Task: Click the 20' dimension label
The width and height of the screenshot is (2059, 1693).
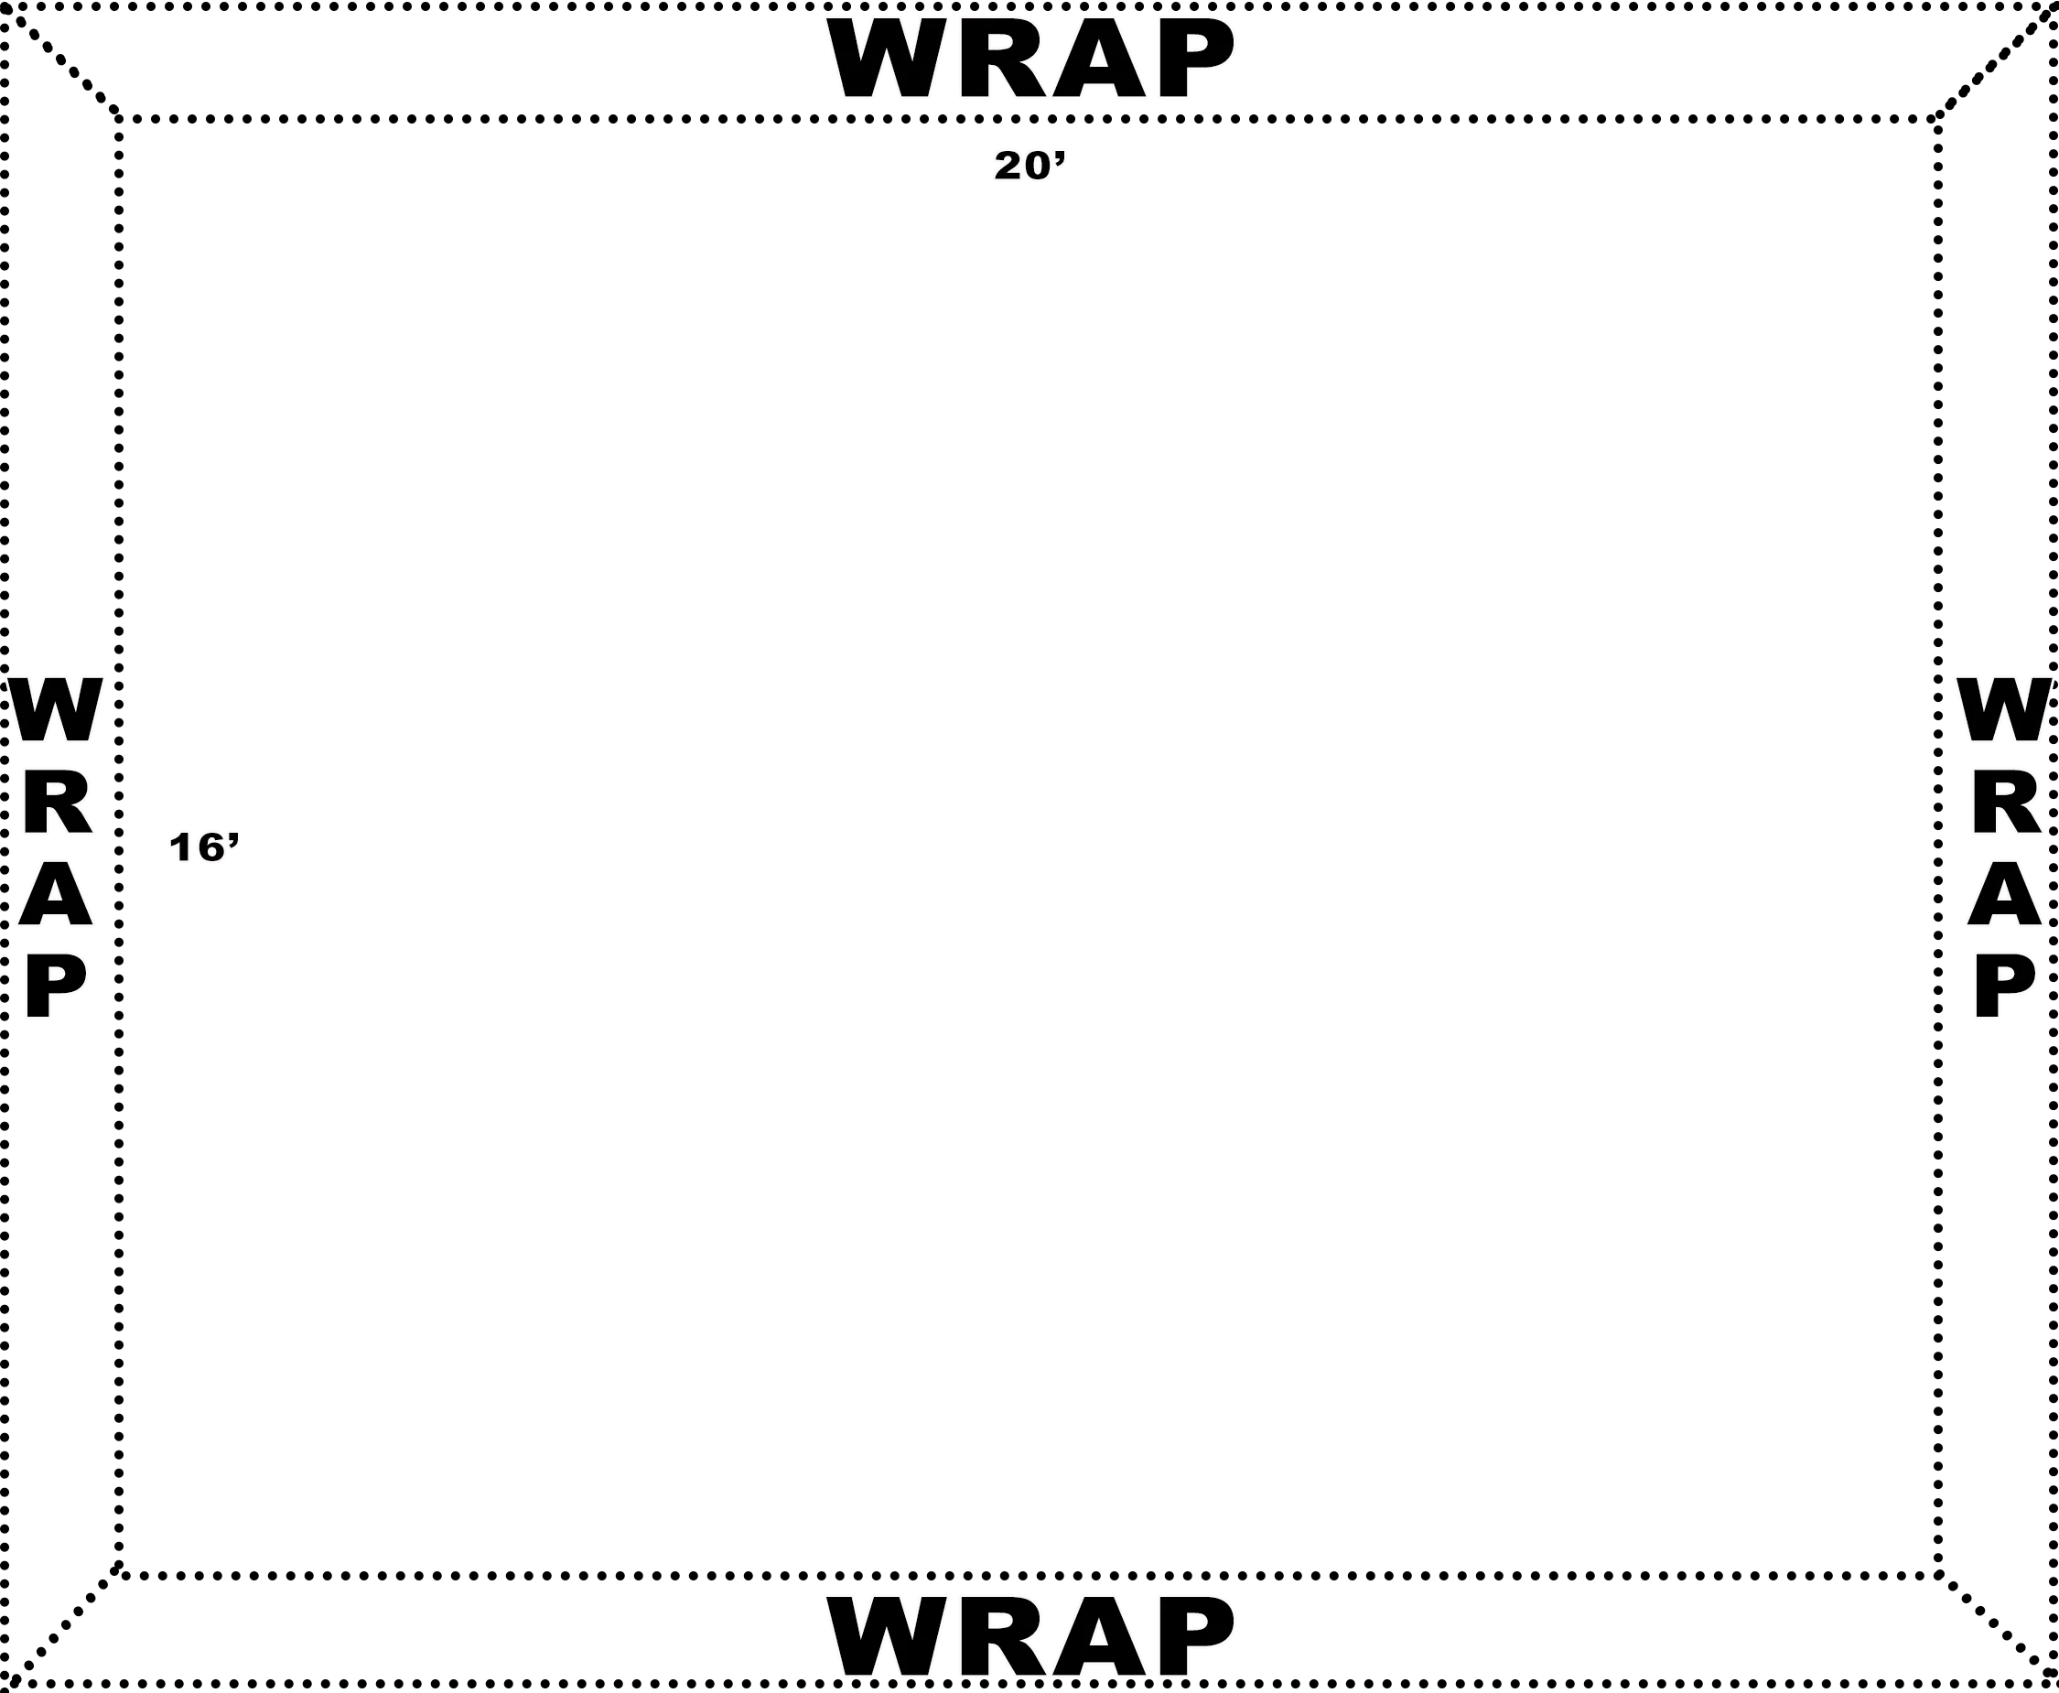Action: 1030,166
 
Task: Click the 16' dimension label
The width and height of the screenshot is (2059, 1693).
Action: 204,847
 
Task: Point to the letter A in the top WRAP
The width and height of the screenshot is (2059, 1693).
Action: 1099,59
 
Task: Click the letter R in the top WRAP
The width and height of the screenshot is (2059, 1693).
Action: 1003,59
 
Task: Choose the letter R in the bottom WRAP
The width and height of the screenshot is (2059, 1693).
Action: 1003,1637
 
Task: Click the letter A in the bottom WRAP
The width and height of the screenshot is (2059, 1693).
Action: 1099,1637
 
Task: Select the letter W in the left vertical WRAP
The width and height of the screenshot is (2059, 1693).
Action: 56,710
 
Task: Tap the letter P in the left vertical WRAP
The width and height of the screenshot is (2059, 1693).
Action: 55,986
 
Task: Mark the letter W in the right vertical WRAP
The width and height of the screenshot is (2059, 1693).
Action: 2005,710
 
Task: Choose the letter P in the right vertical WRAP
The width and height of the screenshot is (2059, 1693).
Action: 2004,986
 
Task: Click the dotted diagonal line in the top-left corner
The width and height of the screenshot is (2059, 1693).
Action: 60,60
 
